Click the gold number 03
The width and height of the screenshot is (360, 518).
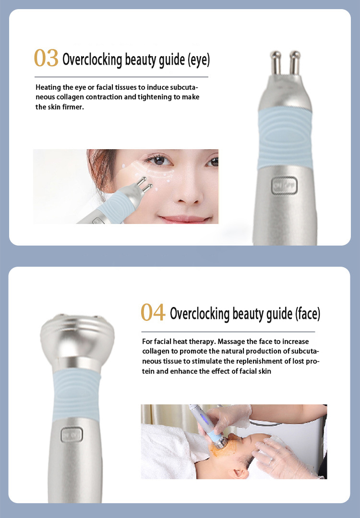point(46,59)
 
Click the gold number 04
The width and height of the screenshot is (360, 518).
point(153,312)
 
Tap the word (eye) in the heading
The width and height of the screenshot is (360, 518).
point(199,60)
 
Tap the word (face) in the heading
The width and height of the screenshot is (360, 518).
point(306,314)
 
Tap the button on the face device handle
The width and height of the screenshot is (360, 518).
point(71,436)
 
